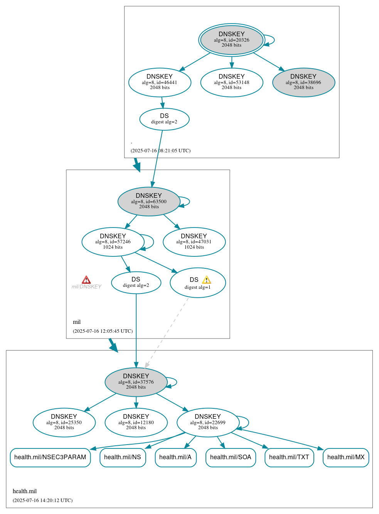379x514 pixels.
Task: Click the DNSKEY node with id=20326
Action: [x=232, y=40]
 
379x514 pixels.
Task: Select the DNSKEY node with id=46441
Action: [x=160, y=82]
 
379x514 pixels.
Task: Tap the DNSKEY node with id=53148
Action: [x=232, y=82]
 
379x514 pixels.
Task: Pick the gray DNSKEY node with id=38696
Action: [x=303, y=82]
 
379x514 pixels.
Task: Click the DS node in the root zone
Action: [x=164, y=119]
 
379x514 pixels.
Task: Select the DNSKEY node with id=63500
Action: [x=149, y=201]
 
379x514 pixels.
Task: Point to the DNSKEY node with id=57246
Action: [x=113, y=242]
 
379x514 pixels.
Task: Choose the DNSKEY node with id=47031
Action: [x=194, y=242]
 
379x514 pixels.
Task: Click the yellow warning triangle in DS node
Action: [x=207, y=280]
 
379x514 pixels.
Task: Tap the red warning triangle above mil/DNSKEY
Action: [x=86, y=280]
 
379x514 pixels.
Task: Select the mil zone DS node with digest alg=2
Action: [x=136, y=283]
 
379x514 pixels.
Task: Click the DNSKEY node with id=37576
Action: [x=136, y=382]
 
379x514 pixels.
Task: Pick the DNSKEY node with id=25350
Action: [x=64, y=422]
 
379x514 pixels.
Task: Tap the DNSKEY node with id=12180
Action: [x=136, y=422]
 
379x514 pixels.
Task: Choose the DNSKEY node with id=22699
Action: [x=208, y=422]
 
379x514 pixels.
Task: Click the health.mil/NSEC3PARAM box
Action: [x=50, y=457]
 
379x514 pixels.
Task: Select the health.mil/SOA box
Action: [x=231, y=457]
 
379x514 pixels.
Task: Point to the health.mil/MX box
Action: [x=346, y=457]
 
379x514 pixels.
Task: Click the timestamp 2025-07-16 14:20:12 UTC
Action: [x=42, y=501]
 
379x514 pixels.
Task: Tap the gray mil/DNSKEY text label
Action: [x=86, y=287]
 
